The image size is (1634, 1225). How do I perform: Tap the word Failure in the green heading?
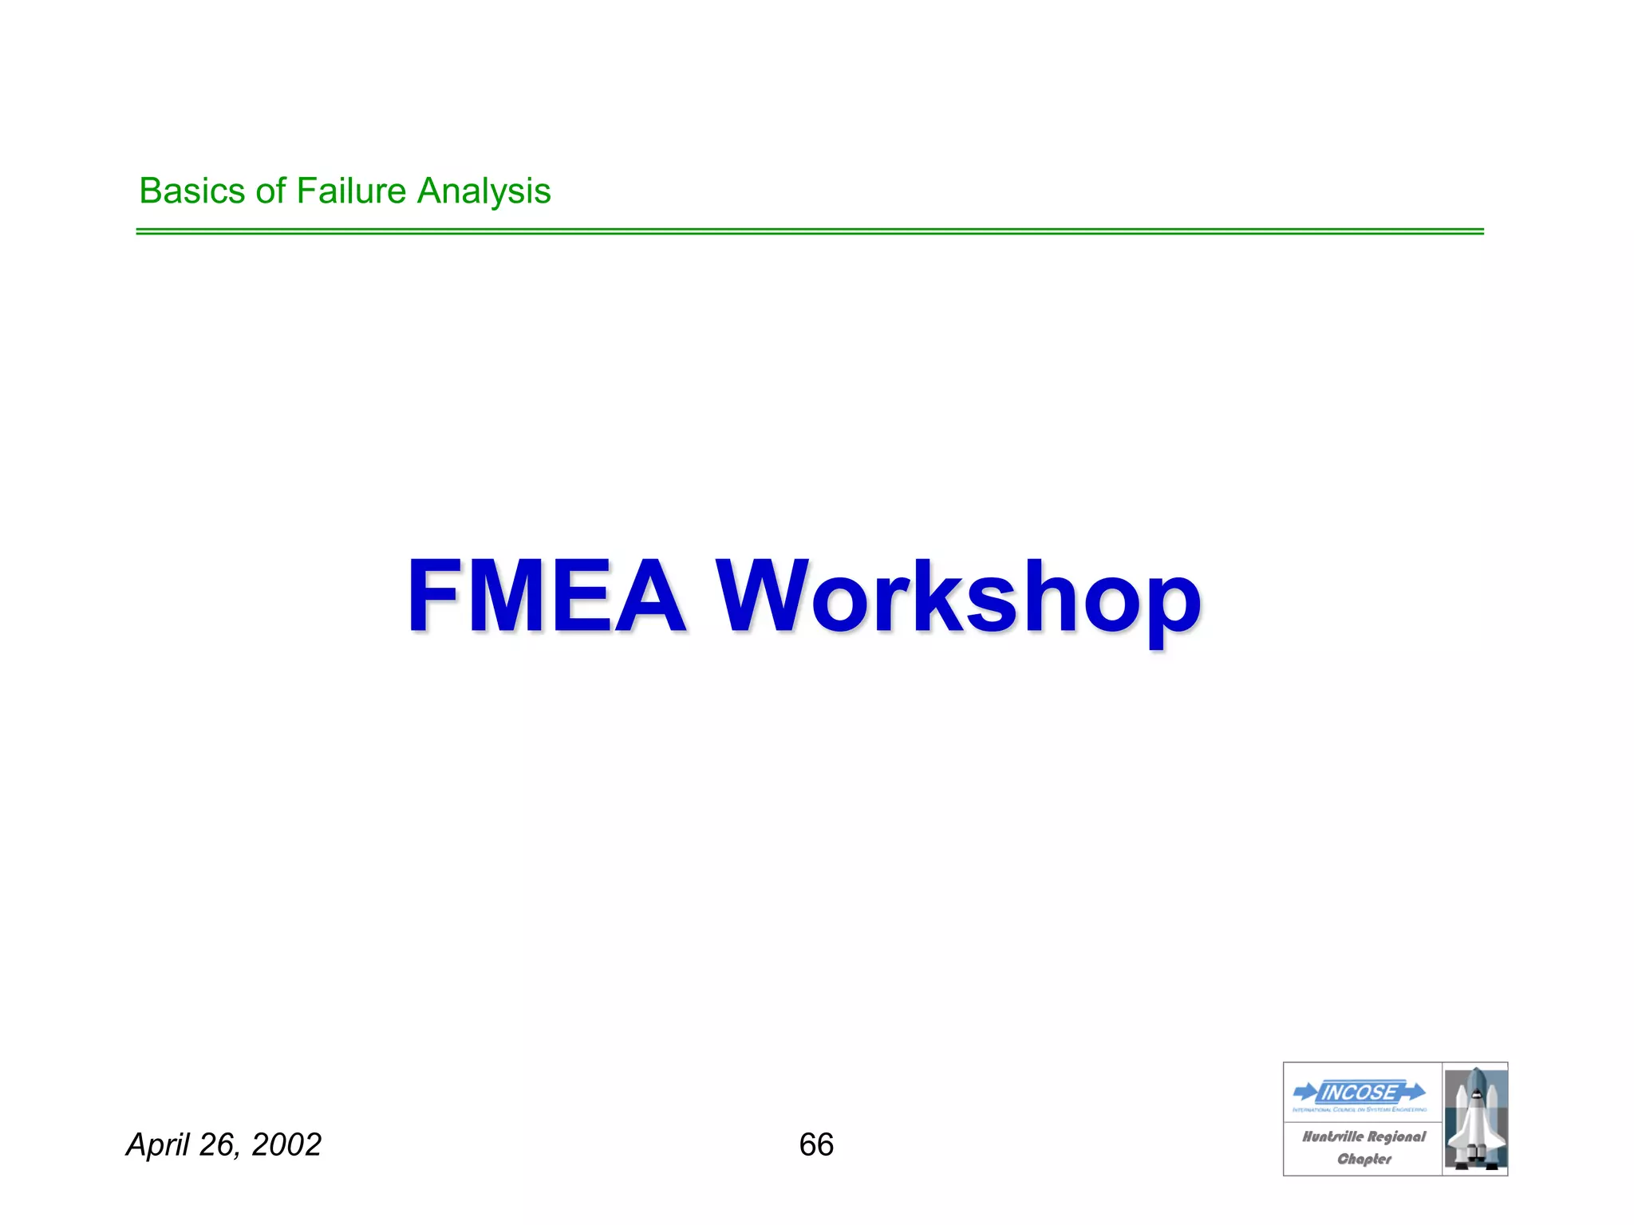pyautogui.click(x=352, y=191)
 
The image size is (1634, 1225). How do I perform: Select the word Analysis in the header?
pyautogui.click(x=483, y=192)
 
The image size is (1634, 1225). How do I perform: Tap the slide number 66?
pyautogui.click(x=816, y=1144)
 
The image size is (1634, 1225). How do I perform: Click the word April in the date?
pyautogui.click(x=159, y=1145)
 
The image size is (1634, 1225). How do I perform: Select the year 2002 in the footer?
pyautogui.click(x=286, y=1144)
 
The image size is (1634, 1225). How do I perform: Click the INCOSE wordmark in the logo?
pyautogui.click(x=1360, y=1092)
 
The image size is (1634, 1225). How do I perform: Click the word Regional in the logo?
pyautogui.click(x=1396, y=1136)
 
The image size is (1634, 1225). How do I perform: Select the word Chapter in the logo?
pyautogui.click(x=1364, y=1159)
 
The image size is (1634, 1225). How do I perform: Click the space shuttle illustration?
pyautogui.click(x=1475, y=1119)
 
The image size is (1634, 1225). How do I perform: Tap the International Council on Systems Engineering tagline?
pyautogui.click(x=1360, y=1109)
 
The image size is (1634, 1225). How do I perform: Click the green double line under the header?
pyautogui.click(x=809, y=231)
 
